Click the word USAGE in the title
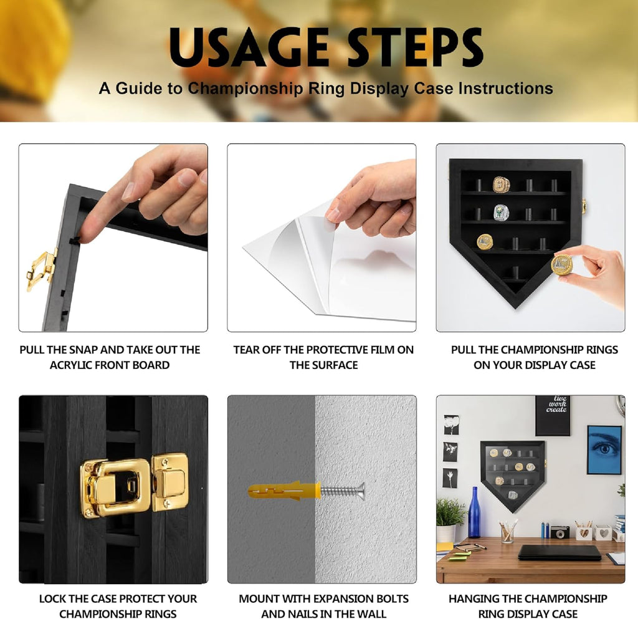pos(249,47)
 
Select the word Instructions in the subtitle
pos(506,89)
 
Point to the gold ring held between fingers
pos(562,264)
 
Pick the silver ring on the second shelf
pos(502,213)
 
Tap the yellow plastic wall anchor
pos(285,491)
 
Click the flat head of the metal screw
pos(360,491)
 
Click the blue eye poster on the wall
pos(604,449)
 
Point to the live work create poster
pos(553,415)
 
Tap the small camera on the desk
pos(560,532)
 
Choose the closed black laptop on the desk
pos(559,553)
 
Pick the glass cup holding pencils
pos(507,532)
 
